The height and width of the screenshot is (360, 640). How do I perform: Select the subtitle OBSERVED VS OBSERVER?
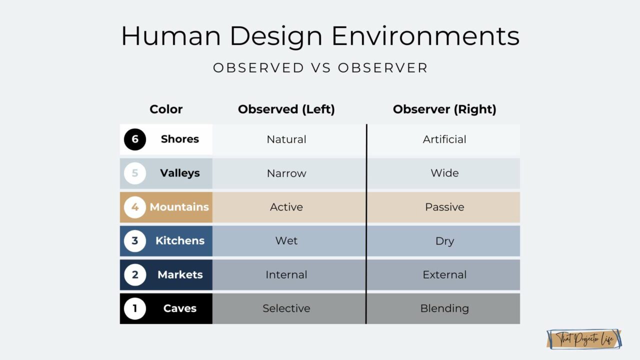pyautogui.click(x=320, y=68)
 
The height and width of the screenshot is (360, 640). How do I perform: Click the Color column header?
pyautogui.click(x=166, y=109)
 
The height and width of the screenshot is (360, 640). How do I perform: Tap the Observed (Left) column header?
pyautogui.click(x=286, y=109)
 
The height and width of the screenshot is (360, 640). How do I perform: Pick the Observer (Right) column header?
pyautogui.click(x=444, y=109)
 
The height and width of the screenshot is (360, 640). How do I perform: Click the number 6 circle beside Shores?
pyautogui.click(x=135, y=139)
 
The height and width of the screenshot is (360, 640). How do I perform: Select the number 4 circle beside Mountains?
pyautogui.click(x=135, y=207)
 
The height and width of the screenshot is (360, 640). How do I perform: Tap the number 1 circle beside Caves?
pyautogui.click(x=135, y=308)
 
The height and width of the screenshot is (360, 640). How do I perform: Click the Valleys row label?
pyautogui.click(x=179, y=173)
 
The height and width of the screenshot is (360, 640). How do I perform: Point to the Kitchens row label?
pyautogui.click(x=179, y=240)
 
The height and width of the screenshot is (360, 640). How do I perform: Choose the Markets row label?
pyautogui.click(x=179, y=274)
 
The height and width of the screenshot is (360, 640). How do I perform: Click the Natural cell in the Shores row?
pyautogui.click(x=286, y=139)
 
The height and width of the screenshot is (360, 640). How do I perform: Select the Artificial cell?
pyautogui.click(x=444, y=139)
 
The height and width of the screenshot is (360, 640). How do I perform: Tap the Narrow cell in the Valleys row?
pyautogui.click(x=286, y=173)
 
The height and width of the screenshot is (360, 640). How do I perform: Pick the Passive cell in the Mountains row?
pyautogui.click(x=444, y=207)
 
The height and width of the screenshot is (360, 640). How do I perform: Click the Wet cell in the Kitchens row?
pyautogui.click(x=286, y=240)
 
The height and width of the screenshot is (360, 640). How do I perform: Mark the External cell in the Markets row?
pyautogui.click(x=444, y=274)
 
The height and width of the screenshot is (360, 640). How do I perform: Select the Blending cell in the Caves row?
pyautogui.click(x=444, y=308)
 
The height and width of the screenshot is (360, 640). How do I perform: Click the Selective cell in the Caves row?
pyautogui.click(x=286, y=308)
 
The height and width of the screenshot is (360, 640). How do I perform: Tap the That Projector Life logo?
pyautogui.click(x=584, y=339)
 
